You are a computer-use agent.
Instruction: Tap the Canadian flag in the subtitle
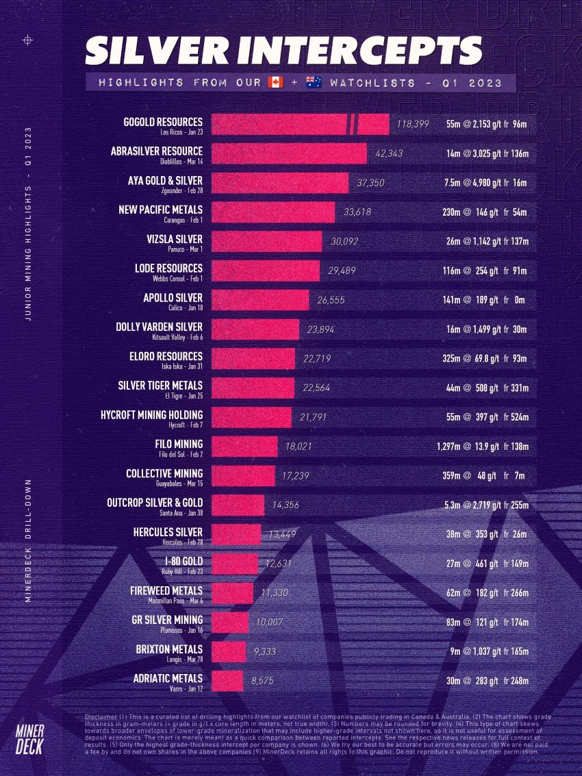click(x=275, y=82)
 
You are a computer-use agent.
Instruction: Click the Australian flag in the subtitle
click(x=314, y=82)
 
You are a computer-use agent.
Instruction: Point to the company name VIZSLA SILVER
click(x=174, y=239)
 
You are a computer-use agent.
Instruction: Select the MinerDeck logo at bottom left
click(x=29, y=737)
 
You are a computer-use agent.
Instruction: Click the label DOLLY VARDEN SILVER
click(x=159, y=327)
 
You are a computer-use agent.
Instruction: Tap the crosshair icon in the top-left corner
click(x=28, y=40)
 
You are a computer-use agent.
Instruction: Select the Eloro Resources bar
click(x=253, y=359)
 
